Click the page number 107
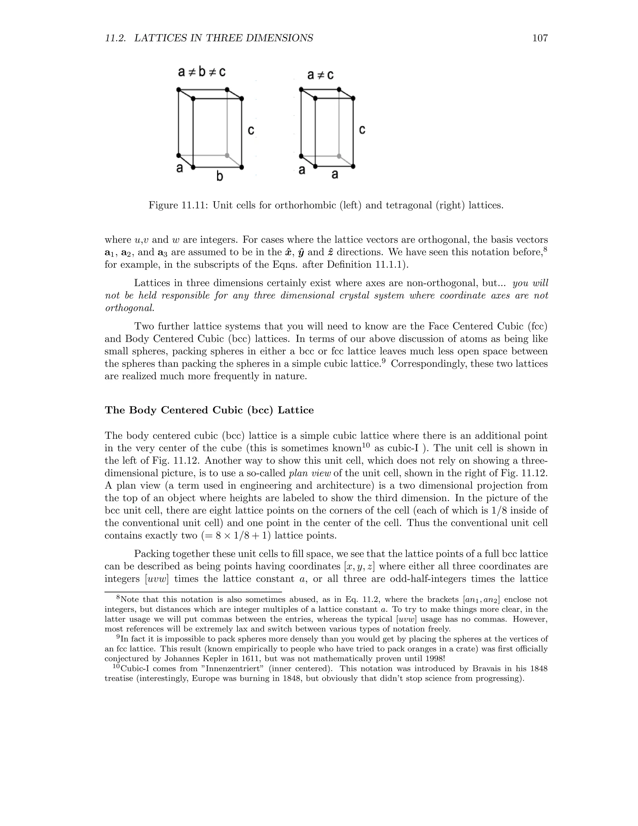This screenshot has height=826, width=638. tap(540, 38)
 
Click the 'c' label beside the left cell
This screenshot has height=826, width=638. tap(251, 131)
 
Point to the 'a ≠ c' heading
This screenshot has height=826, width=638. tap(320, 75)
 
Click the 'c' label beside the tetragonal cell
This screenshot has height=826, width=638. tap(362, 130)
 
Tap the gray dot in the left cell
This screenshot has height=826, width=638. tap(227, 156)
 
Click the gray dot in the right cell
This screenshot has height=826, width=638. tap(339, 156)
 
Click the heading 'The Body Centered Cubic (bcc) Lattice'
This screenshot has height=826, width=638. tap(209, 411)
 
